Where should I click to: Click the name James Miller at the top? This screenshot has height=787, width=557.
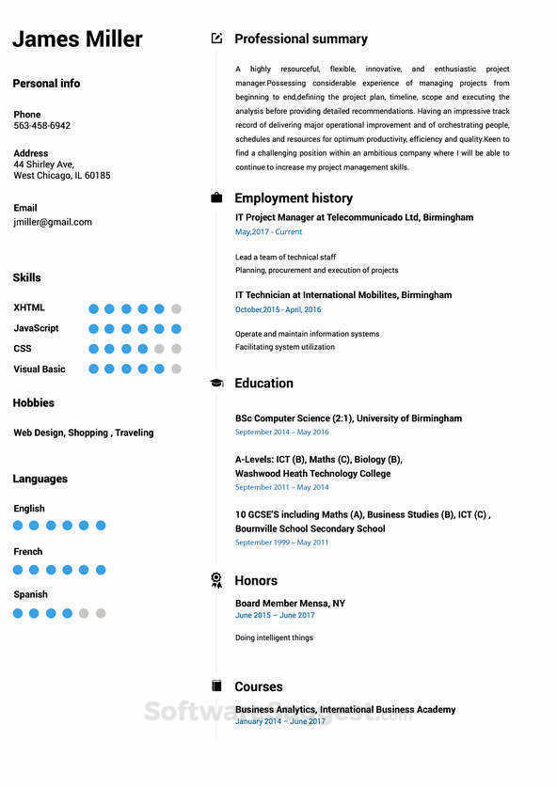point(77,39)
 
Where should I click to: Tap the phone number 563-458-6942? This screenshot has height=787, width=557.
point(41,126)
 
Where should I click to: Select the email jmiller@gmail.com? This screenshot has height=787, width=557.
point(53,223)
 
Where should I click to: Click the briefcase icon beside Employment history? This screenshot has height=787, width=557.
point(216,197)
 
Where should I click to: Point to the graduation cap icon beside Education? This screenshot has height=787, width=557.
point(216,383)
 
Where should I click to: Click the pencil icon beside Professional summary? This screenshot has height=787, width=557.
point(216,39)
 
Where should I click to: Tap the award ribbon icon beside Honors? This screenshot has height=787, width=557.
point(216,580)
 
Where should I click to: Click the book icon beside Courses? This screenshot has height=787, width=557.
point(216,686)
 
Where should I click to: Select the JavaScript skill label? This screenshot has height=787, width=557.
point(36,328)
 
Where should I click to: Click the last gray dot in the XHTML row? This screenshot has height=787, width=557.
point(176,308)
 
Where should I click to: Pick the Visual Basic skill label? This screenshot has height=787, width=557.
point(40,370)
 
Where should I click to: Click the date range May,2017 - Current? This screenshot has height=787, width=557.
point(268,232)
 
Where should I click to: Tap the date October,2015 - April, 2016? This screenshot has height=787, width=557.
point(278,309)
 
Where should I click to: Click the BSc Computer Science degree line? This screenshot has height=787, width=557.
point(348,418)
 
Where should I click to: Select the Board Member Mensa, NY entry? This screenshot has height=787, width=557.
point(290,604)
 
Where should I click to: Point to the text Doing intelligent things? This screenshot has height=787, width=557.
point(274,637)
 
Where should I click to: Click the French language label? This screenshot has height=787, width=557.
point(28,552)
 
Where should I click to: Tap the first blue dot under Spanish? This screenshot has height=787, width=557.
point(17,613)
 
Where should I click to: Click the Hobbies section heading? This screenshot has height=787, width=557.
point(34,403)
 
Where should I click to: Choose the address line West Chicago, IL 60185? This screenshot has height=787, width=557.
point(62,176)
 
